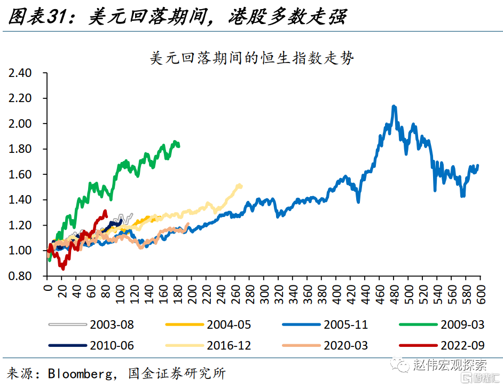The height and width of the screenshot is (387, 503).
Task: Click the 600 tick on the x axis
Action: [480, 294]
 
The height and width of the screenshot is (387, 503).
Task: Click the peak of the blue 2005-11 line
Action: [394, 106]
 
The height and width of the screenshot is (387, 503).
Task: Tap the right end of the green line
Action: [178, 145]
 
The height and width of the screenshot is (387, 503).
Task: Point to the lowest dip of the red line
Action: [63, 268]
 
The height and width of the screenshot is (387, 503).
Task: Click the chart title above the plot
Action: [251, 58]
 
